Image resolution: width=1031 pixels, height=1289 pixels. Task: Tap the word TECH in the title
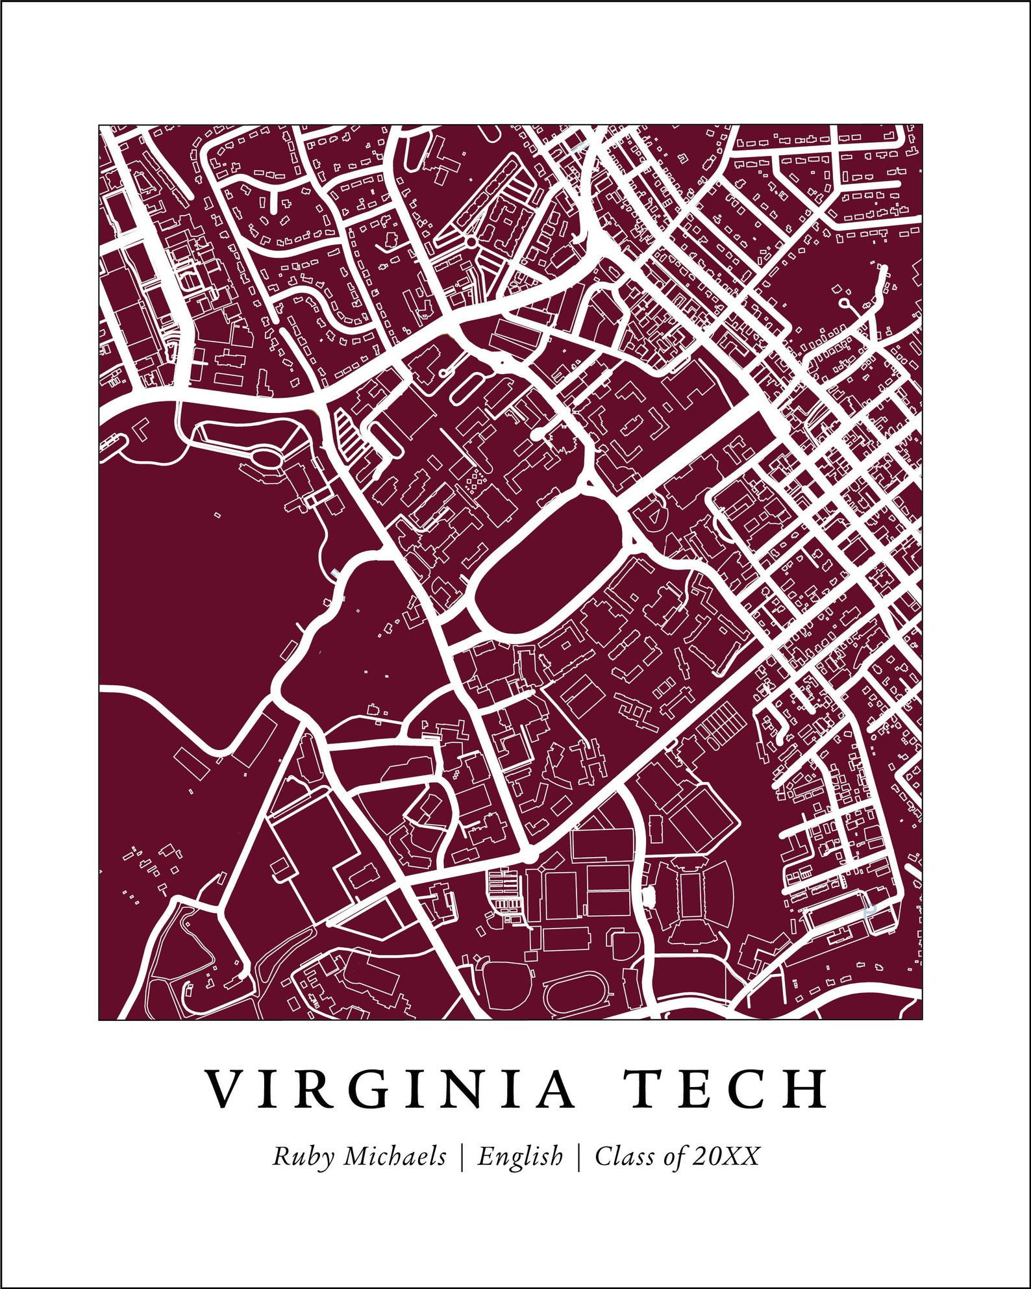pos(726,1089)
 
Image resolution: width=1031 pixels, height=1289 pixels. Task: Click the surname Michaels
pos(395,1156)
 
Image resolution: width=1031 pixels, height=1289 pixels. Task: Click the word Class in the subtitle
pos(624,1156)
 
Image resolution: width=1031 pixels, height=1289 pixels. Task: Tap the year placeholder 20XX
pos(725,1156)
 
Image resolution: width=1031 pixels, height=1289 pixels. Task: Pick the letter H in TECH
pos(808,1089)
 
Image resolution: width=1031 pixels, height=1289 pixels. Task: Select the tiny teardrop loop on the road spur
pos(844,303)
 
